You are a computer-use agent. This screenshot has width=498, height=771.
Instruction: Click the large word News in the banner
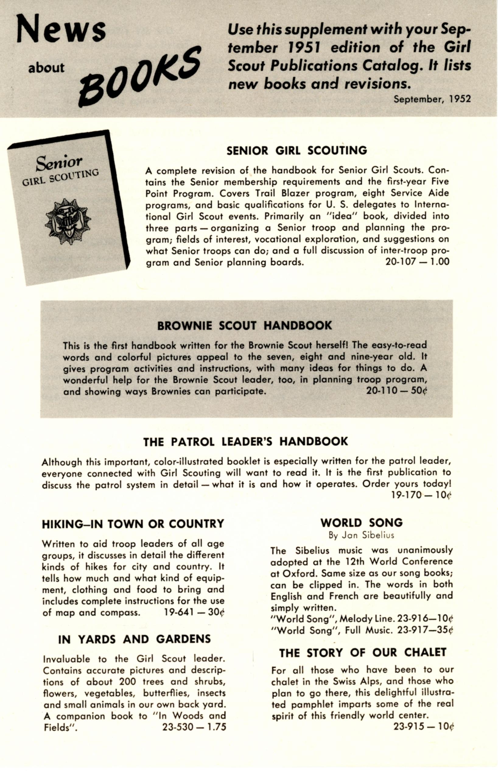click(61, 29)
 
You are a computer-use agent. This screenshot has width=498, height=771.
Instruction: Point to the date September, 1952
click(432, 99)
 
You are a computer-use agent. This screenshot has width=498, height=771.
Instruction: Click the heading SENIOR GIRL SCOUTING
click(296, 151)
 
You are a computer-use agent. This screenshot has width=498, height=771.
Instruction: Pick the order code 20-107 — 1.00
click(417, 261)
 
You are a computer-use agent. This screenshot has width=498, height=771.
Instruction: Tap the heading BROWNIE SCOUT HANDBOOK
click(244, 325)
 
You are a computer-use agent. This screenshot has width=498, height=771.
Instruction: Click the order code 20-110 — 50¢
click(396, 391)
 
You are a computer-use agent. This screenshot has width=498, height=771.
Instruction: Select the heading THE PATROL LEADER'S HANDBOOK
click(245, 442)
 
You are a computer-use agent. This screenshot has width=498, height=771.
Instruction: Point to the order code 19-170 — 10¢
click(421, 495)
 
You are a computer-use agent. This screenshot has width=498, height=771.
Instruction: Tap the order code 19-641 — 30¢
click(194, 613)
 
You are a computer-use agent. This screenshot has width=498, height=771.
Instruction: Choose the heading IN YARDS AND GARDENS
click(134, 639)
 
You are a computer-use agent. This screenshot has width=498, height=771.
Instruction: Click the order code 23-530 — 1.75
click(194, 727)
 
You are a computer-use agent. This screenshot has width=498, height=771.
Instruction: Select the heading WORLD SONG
click(362, 522)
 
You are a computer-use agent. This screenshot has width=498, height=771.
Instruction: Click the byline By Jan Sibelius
click(361, 535)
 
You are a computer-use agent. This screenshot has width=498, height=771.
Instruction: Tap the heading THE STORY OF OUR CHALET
click(363, 653)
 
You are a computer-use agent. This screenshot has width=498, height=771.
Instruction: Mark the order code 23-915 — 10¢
click(423, 726)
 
